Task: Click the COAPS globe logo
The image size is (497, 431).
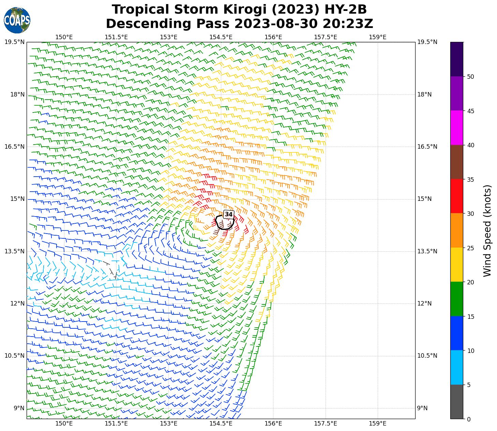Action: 17,20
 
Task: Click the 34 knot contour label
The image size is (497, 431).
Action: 228,214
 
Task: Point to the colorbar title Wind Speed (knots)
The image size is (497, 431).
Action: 487,231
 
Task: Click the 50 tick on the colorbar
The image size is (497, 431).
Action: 470,77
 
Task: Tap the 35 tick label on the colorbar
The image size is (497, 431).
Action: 470,179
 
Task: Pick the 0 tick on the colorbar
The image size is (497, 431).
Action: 469,419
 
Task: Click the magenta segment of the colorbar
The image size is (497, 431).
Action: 457,128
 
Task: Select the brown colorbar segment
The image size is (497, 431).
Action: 457,162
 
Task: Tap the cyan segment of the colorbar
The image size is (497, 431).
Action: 457,367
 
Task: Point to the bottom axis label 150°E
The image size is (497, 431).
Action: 64,423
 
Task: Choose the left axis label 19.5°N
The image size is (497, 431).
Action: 15,42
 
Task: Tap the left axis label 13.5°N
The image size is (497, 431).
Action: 15,251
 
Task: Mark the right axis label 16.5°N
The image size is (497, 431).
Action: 427,147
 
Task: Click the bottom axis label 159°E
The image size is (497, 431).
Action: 378,423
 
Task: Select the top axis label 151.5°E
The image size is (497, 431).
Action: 116,37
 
